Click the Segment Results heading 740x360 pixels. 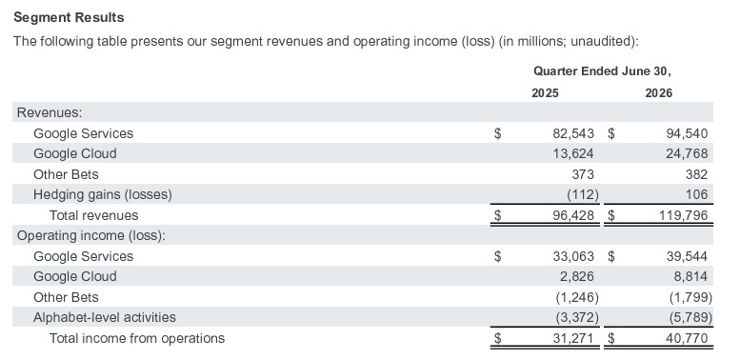[x=69, y=17]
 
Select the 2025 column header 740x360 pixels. [x=545, y=93]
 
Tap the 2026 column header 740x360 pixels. [x=658, y=93]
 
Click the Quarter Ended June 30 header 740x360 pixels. [x=602, y=71]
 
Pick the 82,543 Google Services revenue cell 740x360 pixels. [x=573, y=133]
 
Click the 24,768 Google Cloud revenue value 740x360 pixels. [x=687, y=154]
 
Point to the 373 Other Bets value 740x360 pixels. [x=582, y=174]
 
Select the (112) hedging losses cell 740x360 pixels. [x=582, y=194]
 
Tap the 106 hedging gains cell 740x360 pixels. [x=697, y=194]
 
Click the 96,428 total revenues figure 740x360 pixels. [x=573, y=215]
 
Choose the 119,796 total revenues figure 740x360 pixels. [x=684, y=215]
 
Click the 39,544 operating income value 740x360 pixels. [x=687, y=257]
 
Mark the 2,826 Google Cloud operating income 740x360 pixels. [x=577, y=276]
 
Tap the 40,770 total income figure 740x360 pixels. [x=688, y=338]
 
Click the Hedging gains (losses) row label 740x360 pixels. [x=103, y=194]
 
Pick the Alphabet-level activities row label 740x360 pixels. [x=105, y=317]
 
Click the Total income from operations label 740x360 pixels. [x=137, y=338]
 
